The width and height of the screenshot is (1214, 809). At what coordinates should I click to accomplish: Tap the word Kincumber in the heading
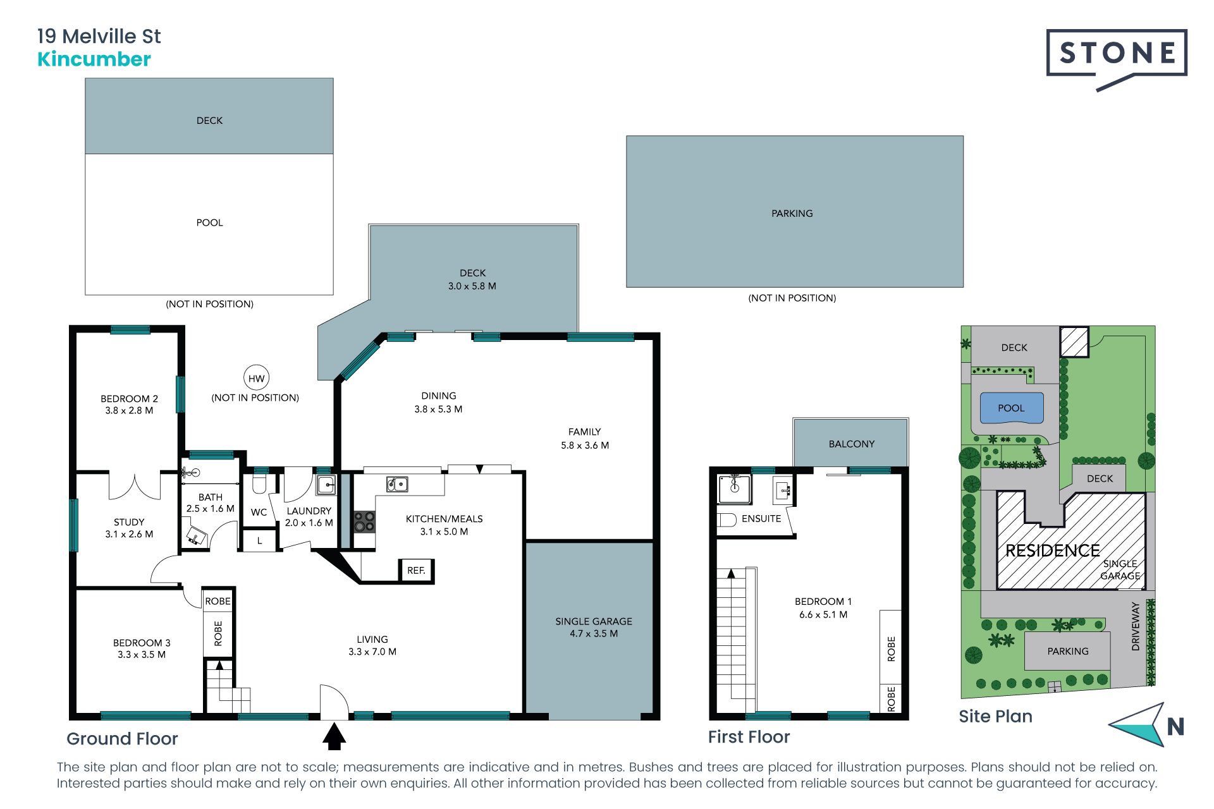click(94, 59)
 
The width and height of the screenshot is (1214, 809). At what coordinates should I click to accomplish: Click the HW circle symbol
click(256, 379)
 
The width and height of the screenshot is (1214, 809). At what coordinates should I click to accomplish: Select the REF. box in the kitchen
click(416, 571)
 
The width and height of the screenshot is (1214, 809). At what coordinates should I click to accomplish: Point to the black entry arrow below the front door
click(334, 737)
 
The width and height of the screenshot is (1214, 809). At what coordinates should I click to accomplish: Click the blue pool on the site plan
click(1011, 408)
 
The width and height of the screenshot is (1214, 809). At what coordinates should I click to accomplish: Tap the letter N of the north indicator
click(1175, 727)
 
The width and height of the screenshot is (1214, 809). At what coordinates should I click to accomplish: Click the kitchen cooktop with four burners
click(364, 521)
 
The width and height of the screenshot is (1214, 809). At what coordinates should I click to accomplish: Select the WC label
click(259, 513)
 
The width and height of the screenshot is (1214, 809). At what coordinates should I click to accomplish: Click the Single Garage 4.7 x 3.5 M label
click(594, 628)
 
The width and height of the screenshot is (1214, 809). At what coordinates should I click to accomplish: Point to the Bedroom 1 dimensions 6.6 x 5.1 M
click(823, 614)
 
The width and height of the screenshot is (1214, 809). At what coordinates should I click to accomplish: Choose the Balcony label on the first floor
click(852, 444)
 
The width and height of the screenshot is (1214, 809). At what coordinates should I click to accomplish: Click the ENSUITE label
click(761, 519)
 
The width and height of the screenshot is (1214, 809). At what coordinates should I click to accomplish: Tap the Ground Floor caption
click(122, 739)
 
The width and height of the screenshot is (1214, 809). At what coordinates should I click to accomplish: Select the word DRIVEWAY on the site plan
click(1136, 626)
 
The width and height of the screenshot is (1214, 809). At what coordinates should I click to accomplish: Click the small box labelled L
click(259, 541)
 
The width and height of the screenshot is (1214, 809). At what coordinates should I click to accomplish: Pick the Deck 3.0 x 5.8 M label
click(472, 279)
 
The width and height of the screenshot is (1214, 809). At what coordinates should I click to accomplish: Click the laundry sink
click(326, 485)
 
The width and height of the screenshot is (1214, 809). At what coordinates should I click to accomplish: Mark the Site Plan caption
click(995, 716)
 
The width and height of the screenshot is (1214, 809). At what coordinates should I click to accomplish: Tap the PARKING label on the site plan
click(1068, 652)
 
